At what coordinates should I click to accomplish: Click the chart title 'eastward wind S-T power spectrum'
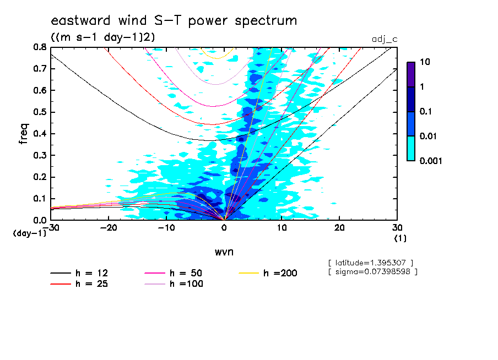(x=174, y=21)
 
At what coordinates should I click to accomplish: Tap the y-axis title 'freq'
(x=24, y=133)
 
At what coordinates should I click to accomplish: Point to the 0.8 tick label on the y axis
(x=39, y=47)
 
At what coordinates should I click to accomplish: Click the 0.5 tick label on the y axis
(x=39, y=112)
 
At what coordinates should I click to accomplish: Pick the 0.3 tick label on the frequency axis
(x=39, y=155)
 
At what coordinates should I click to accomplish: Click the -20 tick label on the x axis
(x=108, y=227)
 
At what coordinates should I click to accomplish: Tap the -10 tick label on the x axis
(x=166, y=227)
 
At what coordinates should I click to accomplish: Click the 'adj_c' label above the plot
(x=385, y=39)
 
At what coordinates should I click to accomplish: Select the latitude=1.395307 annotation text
(x=370, y=262)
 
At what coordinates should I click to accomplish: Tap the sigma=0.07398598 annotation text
(x=372, y=271)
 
